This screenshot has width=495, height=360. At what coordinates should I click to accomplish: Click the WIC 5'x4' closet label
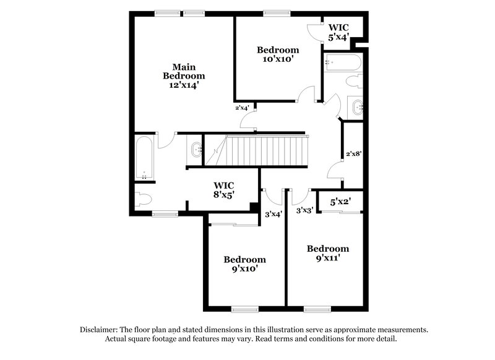(338, 32)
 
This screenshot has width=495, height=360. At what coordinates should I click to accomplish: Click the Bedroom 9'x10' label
(244, 264)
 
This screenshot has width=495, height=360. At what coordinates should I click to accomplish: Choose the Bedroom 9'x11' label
(328, 253)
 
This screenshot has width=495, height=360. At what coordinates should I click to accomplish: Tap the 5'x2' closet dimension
(340, 202)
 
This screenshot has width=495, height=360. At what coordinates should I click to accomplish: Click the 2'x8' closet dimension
(354, 153)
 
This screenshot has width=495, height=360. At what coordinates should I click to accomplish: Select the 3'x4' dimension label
(273, 215)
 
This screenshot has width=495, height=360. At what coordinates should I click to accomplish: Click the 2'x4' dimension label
(241, 108)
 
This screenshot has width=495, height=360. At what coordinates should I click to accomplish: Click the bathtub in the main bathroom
(144, 158)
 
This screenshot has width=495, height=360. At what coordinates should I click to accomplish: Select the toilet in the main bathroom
(143, 199)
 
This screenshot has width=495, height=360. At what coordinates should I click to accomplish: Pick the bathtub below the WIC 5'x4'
(341, 62)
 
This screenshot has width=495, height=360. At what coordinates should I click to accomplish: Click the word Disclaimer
(102, 330)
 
